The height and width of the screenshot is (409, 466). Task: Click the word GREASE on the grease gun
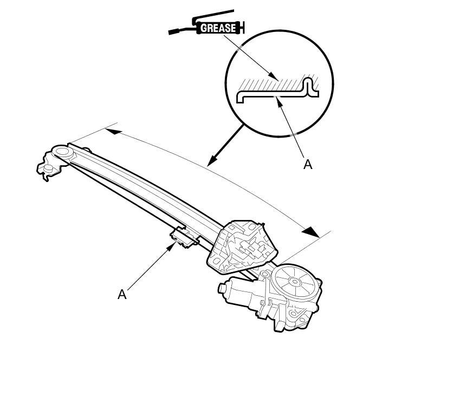[x=218, y=28]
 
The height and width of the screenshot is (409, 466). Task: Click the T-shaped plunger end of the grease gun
[x=242, y=27]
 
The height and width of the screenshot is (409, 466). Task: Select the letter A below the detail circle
[x=308, y=164]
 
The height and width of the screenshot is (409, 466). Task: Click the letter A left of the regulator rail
[x=122, y=294]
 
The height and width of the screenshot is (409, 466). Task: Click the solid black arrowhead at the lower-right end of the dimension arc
[x=310, y=231]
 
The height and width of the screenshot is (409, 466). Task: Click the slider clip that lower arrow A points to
[x=182, y=237]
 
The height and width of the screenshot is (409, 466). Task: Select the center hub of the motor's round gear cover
[x=294, y=281]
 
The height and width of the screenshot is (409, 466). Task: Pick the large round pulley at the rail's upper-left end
[x=61, y=153]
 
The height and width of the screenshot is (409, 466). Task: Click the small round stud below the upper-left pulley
[x=48, y=169]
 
